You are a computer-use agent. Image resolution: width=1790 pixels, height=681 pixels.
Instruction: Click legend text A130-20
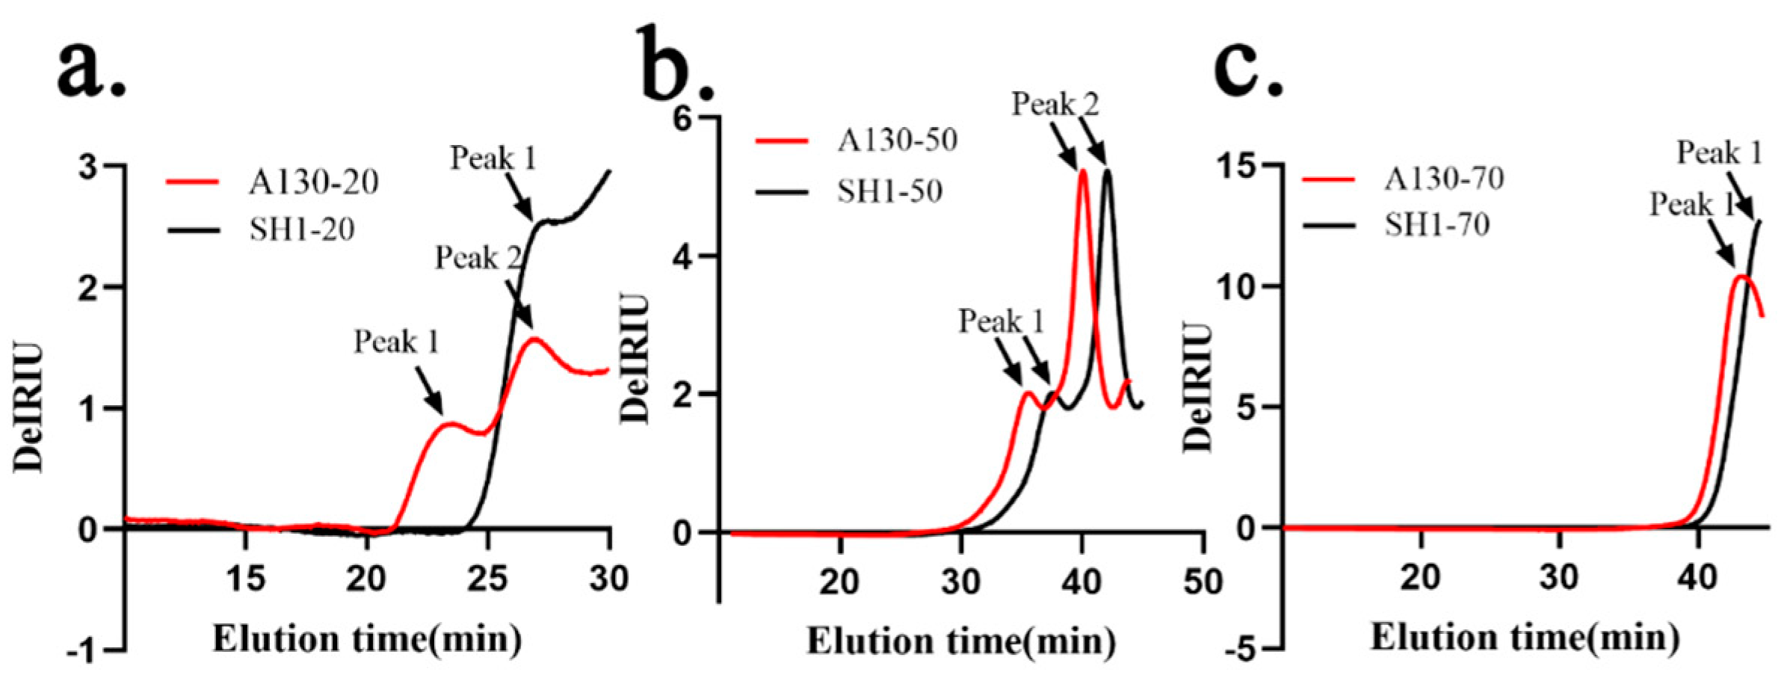pos(314,182)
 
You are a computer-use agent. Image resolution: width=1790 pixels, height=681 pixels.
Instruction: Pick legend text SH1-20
pos(302,229)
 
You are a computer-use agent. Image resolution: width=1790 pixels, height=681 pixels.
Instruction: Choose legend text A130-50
pos(898,140)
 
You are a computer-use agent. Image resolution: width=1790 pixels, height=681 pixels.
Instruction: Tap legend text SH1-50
pos(889,191)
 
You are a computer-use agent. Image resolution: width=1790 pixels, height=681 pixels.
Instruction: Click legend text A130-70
pos(1444,179)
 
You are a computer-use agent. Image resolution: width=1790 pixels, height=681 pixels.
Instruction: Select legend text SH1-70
pos(1437,224)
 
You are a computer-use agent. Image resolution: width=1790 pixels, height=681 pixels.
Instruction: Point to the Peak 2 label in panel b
pos(1055,105)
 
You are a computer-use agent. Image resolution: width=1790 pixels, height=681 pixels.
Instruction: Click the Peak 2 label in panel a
pos(479,258)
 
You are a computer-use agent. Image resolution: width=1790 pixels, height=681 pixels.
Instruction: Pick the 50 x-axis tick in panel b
pos(1203,581)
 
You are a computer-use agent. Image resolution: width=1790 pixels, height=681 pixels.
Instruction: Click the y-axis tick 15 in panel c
pos(1237,166)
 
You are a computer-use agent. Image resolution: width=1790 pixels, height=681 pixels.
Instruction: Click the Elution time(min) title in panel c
pos(1525,638)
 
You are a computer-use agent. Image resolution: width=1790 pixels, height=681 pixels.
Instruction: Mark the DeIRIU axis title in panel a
pos(28,407)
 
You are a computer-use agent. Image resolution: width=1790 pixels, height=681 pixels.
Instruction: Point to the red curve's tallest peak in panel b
pos(1082,171)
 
